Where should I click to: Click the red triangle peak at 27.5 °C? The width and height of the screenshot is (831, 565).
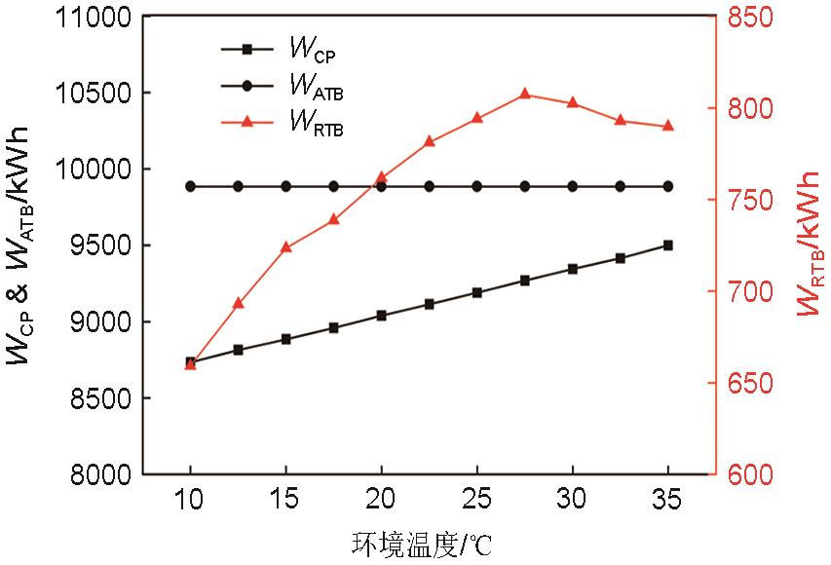pos(524,94)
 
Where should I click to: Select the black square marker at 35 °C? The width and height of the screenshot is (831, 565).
pos(667,245)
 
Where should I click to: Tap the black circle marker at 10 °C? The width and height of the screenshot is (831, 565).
pos(191,186)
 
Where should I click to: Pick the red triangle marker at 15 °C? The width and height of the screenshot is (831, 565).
pos(286,247)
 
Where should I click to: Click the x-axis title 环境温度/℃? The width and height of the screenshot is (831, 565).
pos(416,542)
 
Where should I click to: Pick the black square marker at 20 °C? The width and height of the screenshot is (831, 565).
pos(381,316)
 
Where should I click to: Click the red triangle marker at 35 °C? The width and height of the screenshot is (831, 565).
pos(667,126)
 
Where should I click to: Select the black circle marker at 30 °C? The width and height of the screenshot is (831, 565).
pos(572,186)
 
